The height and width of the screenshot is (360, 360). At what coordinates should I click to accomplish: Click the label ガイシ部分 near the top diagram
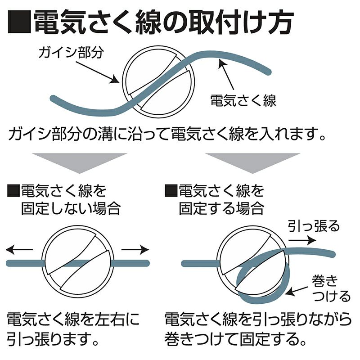tap(72, 53)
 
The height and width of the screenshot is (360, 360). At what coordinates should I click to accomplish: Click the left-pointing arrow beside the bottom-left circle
tap(21, 249)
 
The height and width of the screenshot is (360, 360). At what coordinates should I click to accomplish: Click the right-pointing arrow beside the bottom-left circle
tap(135, 249)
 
